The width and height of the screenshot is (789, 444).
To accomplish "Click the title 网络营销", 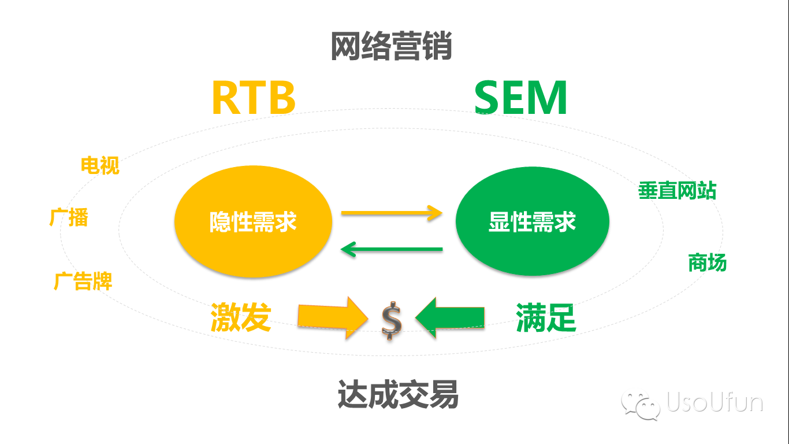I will (x=391, y=47).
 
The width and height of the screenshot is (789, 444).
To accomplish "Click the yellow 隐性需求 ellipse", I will (x=253, y=221).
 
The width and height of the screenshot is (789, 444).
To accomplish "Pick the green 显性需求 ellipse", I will (x=532, y=221).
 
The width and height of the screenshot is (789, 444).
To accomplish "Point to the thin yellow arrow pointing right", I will (x=392, y=213).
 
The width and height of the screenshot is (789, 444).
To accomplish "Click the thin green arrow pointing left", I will (x=392, y=249).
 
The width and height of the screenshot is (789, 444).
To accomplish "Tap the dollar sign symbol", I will (x=391, y=320).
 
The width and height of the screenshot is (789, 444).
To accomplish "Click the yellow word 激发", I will (x=240, y=317).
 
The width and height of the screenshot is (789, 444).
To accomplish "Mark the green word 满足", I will (x=546, y=317).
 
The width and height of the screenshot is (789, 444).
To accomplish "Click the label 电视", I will (x=100, y=166).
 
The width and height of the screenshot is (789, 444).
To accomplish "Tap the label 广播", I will (x=69, y=218).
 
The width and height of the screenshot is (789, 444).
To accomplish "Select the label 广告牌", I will (x=83, y=281).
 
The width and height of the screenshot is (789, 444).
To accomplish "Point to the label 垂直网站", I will (x=677, y=190).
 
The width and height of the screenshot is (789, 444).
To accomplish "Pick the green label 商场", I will (x=707, y=263).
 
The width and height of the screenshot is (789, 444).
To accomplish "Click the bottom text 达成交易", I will (x=398, y=395).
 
